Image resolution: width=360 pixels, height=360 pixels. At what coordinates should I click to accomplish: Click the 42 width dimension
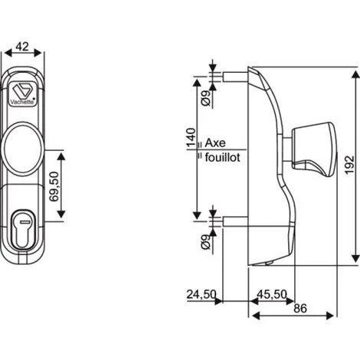[x=23, y=47]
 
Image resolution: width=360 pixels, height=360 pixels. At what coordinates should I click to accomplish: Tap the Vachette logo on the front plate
[x=24, y=85]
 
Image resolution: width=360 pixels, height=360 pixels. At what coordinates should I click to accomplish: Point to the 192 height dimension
[x=349, y=167]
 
